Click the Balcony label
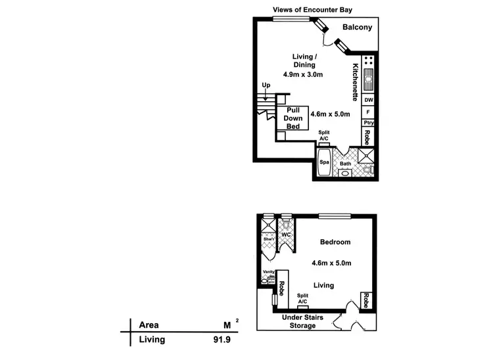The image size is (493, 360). point(358,28)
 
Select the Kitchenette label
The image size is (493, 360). point(355,81)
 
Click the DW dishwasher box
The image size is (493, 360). point(369,100)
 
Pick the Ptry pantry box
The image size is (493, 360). point(369,123)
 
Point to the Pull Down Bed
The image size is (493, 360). point(292,118)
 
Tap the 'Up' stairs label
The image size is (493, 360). point(266,85)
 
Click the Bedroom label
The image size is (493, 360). point(335,242)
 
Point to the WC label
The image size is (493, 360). point(286,235)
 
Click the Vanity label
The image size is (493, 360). point(268,271)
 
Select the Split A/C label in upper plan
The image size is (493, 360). point(323,136)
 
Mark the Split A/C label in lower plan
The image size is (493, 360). point(303,299)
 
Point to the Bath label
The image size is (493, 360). point(345,164)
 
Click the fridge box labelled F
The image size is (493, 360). point(369,112)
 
